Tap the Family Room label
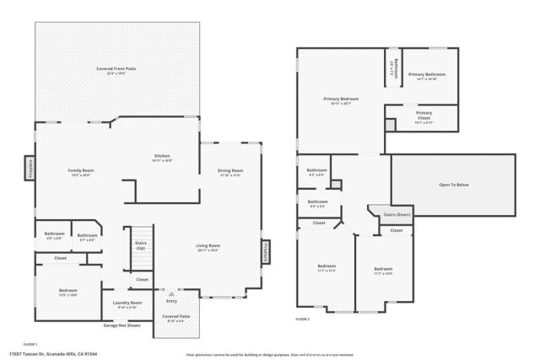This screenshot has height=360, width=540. (x=81, y=170)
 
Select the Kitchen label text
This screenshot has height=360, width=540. (x=162, y=156)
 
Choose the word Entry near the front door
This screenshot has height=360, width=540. (x=172, y=300)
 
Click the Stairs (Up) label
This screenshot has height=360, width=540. (x=140, y=245)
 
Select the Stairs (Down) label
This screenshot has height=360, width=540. (x=397, y=215)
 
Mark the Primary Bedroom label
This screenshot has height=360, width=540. (x=341, y=99)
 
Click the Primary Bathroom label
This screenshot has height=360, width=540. (x=427, y=75)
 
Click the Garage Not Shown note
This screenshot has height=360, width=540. (x=121, y=325)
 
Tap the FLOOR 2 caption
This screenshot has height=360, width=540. (x=303, y=320)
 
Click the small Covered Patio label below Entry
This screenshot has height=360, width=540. (x=176, y=318)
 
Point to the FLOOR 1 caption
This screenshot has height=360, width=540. (x=30, y=345)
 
